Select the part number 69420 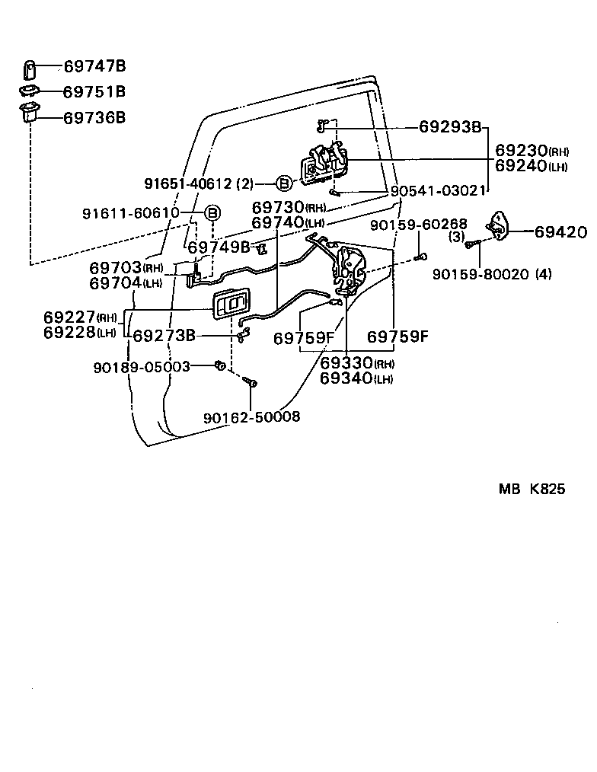point(560,232)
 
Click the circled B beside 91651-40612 point(283,183)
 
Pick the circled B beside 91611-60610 point(212,212)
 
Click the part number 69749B point(219,247)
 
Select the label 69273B point(164,335)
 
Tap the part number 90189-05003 point(142,367)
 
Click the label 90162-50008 point(251,416)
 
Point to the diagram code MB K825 point(532,490)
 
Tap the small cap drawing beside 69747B point(29,69)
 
